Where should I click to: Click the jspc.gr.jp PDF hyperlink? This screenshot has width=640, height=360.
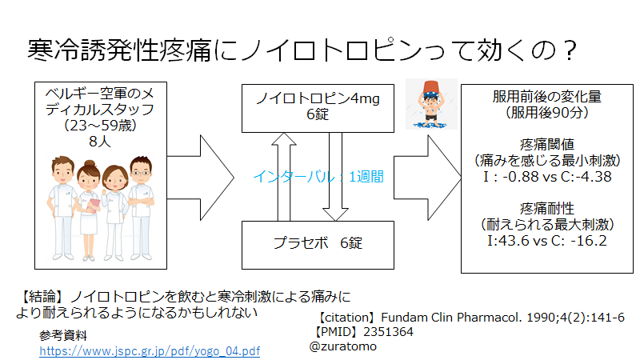coord(150,351)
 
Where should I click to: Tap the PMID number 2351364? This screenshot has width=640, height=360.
coord(388,332)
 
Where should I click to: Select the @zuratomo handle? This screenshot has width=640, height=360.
coord(343,346)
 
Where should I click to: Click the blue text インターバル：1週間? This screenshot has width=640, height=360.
coord(318,177)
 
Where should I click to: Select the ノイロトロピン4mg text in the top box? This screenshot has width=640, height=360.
coord(318,98)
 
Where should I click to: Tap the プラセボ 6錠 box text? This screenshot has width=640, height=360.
coord(318,243)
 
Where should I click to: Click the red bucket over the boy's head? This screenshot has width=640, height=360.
coord(431,87)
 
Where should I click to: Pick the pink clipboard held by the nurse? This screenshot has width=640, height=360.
coord(94,206)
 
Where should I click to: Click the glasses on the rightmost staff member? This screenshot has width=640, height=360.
coord(142,173)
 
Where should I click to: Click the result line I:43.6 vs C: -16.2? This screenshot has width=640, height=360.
coord(547,241)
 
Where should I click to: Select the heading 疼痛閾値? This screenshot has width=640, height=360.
coord(547,145)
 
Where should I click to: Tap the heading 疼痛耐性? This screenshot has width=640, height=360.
coord(547,209)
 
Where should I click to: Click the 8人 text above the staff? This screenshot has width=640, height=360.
coord(100,142)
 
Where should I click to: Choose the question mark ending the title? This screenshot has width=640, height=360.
coord(570,50)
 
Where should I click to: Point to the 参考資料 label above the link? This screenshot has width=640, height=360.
coord(63,335)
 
